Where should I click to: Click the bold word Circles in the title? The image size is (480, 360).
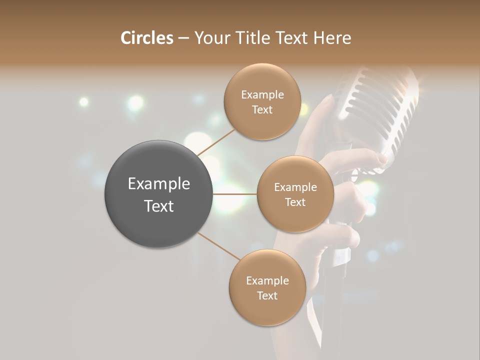pos(146,38)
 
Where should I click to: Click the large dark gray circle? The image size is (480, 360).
pos(158,194)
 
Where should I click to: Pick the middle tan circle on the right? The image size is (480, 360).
pos(295,194)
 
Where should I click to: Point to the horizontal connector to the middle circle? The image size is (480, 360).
pos(235,194)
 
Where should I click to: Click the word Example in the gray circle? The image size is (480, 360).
pos(159,184)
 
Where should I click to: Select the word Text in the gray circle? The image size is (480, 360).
pos(159,206)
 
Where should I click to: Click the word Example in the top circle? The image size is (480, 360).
pos(262,95)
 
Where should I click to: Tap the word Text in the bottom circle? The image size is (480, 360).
pos(267,295)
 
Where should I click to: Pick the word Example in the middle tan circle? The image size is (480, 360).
pos(295,187)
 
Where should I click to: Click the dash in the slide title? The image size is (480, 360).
pos(183,38)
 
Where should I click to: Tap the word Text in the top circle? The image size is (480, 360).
pos(262,109)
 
